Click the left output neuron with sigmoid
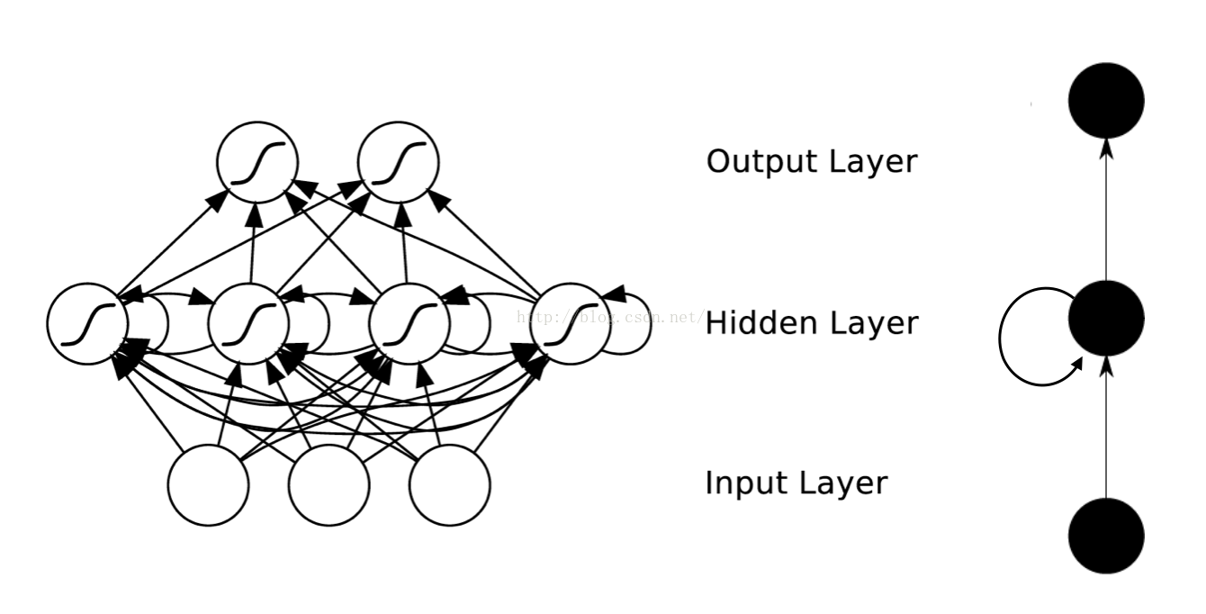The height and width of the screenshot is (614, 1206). pos(256,162)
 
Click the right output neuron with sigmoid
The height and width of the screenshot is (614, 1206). pos(398,162)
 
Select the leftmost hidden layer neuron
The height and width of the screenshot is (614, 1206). pos(86,324)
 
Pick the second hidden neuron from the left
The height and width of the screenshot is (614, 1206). pos(248,324)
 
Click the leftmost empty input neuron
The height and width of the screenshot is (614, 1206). pos(208,485)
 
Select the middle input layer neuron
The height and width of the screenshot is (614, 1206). pos(328,485)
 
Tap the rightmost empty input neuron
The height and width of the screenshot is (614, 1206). pos(449,485)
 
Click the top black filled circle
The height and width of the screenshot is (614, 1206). pos(1106,100)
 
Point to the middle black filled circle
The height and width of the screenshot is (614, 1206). pos(1106,318)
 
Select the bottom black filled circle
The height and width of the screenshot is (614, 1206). pos(1106,536)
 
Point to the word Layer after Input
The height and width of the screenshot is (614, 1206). pos(843,484)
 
